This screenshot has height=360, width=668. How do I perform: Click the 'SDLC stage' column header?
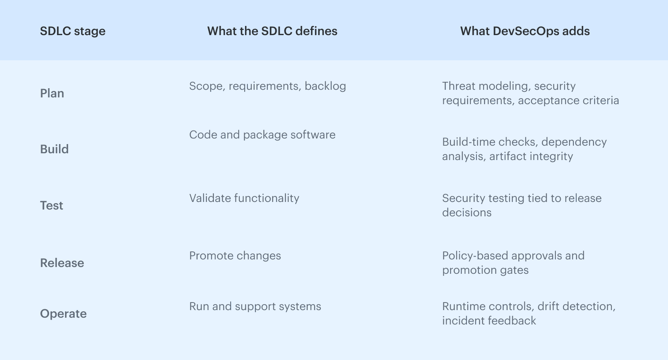tap(73, 31)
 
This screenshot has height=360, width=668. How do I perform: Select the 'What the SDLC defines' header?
tap(272, 31)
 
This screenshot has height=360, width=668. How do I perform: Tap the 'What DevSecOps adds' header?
tap(525, 31)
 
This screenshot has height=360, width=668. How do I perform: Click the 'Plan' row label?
tap(52, 93)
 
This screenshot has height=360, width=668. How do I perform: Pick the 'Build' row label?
tap(54, 149)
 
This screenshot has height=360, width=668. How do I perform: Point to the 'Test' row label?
tap(51, 206)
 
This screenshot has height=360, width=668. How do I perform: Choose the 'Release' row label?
tap(62, 263)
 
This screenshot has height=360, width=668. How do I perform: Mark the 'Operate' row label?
tap(63, 314)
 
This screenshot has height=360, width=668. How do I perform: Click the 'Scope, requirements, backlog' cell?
tap(267, 86)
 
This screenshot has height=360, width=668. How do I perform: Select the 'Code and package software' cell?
tap(262, 135)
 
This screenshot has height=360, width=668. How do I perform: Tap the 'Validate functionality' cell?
tap(244, 198)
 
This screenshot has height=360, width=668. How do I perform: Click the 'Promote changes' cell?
tap(235, 256)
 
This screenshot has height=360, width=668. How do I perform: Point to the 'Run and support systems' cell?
tap(255, 307)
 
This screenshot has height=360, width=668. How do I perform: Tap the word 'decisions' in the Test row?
tap(466, 213)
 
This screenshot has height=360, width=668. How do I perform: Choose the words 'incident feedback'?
tap(489, 321)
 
